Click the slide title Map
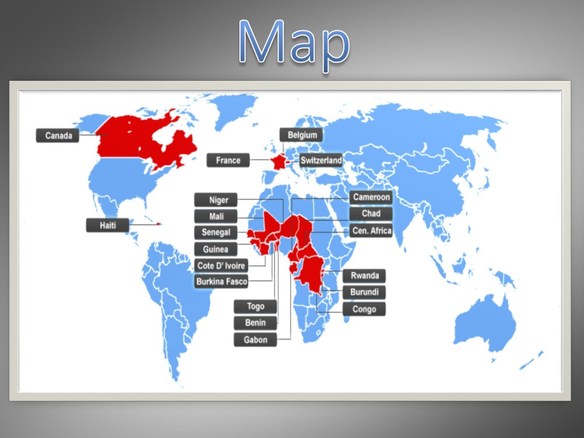(294, 43)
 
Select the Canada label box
(58, 136)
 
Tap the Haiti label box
(108, 225)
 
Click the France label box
(228, 161)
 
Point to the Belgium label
(302, 135)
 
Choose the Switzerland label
(321, 161)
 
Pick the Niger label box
(218, 200)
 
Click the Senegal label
(216, 233)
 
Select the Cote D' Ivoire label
(221, 266)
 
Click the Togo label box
(255, 307)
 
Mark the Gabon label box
(255, 340)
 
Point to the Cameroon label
(371, 198)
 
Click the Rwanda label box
(364, 276)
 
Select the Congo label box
(364, 310)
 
